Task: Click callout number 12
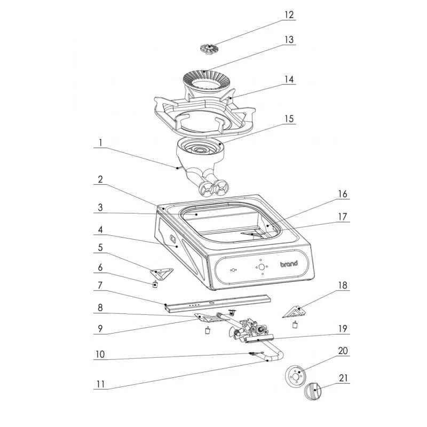coord(289,15)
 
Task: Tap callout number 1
coord(99,143)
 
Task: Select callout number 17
coord(342,218)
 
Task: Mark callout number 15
coord(289,118)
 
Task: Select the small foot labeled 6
coord(155,284)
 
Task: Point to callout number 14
coord(289,79)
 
